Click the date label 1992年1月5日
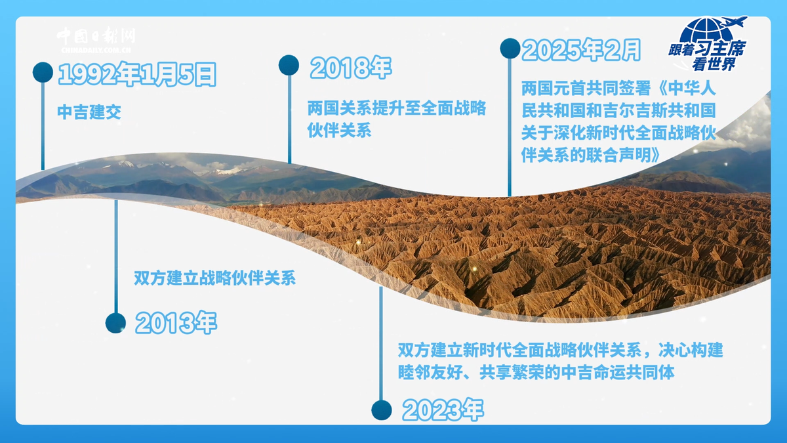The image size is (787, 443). point(137,74)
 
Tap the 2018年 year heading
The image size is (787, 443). point(351,68)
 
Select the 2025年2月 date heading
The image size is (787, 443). point(581,50)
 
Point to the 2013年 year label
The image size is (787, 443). point(176,322)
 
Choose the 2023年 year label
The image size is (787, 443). point(443,410)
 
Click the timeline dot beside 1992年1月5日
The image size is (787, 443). point(43,72)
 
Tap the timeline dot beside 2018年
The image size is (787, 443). point(289,65)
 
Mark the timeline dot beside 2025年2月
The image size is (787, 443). point(510,49)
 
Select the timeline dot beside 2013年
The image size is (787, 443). point(115,323)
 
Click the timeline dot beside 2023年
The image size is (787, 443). point(382,410)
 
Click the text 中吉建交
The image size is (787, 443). point(89,112)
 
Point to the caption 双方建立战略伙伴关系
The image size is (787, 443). point(214,278)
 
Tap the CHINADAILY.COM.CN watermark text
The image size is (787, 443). point(96,51)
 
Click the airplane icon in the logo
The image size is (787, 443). point(734,22)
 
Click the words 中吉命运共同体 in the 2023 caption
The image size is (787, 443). point(618,373)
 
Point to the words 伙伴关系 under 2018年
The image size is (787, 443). point(340,131)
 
